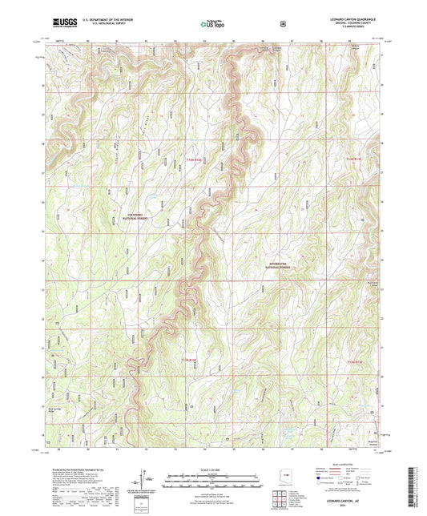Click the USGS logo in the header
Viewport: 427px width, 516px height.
pyautogui.click(x=63, y=24)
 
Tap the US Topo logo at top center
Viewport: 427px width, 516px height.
pyautogui.click(x=212, y=25)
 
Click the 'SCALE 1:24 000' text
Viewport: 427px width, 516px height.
pyautogui.click(x=213, y=469)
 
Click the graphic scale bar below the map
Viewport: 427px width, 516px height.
pyautogui.click(x=213, y=482)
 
